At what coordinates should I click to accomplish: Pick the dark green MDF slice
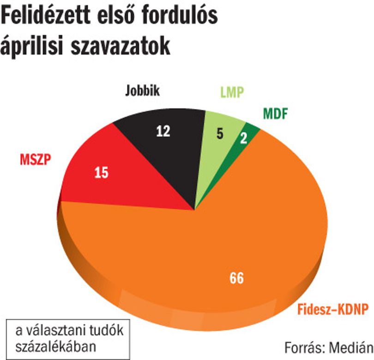point(241,143)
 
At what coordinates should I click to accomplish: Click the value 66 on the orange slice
point(236,278)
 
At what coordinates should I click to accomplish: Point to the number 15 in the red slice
point(102,172)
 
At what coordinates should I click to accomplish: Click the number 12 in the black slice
point(163,131)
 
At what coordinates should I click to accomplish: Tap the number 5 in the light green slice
point(220,134)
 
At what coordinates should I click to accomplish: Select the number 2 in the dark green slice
point(243,138)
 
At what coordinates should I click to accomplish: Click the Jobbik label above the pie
point(142,91)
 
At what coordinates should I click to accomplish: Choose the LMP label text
point(232,92)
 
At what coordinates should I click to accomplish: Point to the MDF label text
point(276,114)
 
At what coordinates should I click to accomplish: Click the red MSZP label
point(36,160)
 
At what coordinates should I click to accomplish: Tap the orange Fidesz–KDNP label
point(333,310)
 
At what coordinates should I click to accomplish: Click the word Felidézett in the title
point(46,16)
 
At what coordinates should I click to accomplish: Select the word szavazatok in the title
point(121,46)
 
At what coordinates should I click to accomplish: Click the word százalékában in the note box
point(55,347)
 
